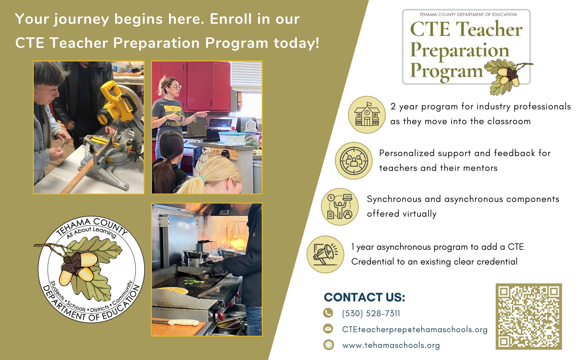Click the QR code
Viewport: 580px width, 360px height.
pyautogui.click(x=529, y=316)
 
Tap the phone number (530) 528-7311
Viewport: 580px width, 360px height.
pyautogui.click(x=371, y=313)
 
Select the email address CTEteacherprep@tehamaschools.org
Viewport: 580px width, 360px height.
pyautogui.click(x=415, y=330)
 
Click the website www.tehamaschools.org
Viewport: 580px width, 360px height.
pyautogui.click(x=391, y=345)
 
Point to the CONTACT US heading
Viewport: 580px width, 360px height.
pyautogui.click(x=365, y=297)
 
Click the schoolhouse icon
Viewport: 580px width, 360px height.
pyautogui.click(x=367, y=115)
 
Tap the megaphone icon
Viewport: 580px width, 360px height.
pyautogui.click(x=325, y=254)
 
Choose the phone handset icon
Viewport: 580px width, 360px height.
pyautogui.click(x=328, y=313)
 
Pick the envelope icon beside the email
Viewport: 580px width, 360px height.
pyautogui.click(x=328, y=329)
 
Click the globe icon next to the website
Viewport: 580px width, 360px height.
pyautogui.click(x=328, y=345)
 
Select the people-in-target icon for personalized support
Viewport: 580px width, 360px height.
pyautogui.click(x=354, y=161)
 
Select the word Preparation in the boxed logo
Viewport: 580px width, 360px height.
pyautogui.click(x=460, y=50)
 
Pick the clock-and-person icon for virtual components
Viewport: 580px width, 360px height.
pyautogui.click(x=340, y=207)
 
